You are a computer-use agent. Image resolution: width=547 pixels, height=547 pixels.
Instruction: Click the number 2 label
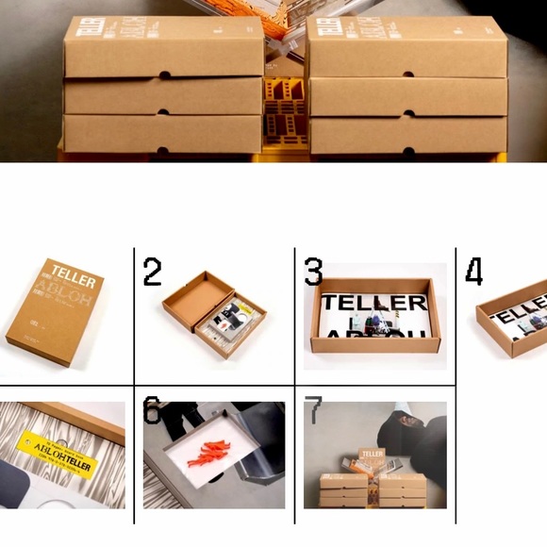tap(152, 272)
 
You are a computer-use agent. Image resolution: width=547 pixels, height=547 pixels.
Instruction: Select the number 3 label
tap(313, 272)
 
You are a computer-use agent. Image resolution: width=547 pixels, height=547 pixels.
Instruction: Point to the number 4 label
tap(473, 272)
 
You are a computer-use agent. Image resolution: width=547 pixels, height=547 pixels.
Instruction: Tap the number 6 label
tap(152, 410)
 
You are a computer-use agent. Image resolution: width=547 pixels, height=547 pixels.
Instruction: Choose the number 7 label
tap(313, 410)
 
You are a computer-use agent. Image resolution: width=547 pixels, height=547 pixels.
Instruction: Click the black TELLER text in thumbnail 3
tap(373, 304)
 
